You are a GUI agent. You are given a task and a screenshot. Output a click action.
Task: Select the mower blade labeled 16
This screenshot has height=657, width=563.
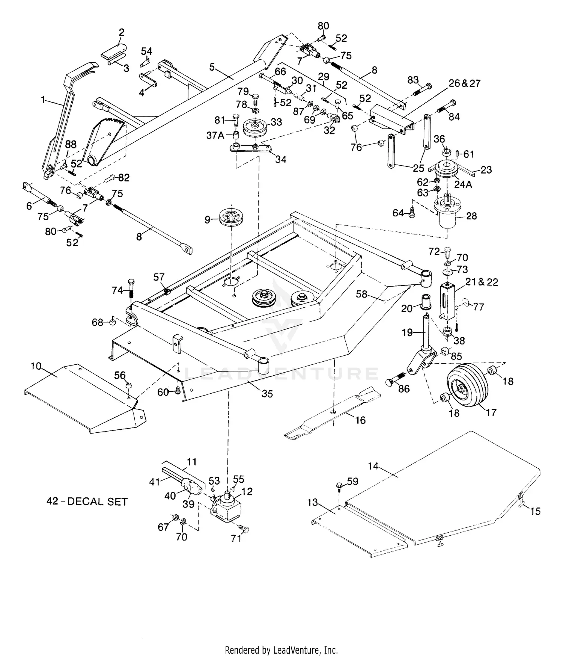332,413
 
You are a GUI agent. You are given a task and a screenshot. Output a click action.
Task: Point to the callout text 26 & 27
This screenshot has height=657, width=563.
464,83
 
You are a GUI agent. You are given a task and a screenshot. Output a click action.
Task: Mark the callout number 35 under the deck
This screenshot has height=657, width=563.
267,394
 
